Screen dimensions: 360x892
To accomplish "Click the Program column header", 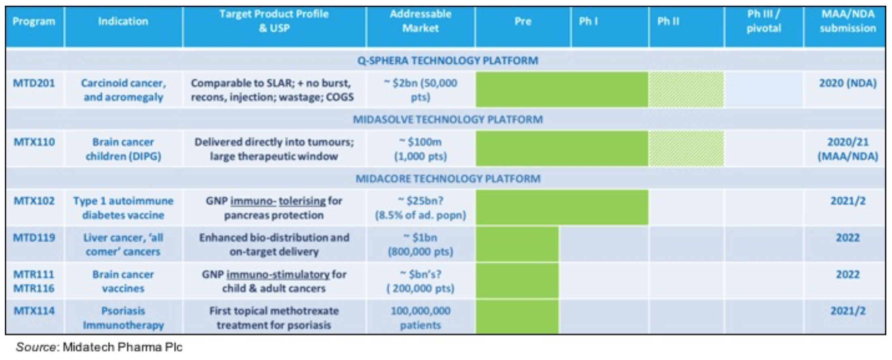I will tap(34, 21).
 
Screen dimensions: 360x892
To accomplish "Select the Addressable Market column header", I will tap(420, 21).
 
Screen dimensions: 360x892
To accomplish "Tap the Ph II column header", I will tap(668, 21).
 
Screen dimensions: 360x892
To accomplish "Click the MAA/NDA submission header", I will tap(847, 21).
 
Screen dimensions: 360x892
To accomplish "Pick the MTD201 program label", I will tap(34, 83).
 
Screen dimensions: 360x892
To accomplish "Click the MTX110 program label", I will tap(34, 142).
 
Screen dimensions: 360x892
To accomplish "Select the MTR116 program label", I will tap(34, 289).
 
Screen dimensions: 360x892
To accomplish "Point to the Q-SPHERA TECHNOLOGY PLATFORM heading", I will tap(448, 61).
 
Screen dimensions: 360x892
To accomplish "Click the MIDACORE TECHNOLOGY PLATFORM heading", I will tap(448, 179).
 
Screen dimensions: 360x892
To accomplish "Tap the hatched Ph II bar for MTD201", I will tap(686, 90).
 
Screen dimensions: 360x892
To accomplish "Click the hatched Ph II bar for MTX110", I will tap(686, 148).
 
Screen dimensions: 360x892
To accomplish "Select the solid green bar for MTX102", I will tap(562, 207).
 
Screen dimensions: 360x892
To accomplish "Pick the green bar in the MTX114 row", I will tap(517, 317).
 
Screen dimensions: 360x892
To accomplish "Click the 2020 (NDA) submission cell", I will tap(847, 83).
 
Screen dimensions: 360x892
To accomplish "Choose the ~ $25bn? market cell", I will tap(420, 201).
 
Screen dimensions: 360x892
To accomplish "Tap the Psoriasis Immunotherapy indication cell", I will tap(123, 318).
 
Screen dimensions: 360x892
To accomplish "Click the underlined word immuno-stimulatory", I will tap(278, 274).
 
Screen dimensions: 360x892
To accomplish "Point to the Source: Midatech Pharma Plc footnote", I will tap(99, 347).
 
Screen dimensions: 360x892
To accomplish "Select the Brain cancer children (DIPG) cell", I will tap(123, 149).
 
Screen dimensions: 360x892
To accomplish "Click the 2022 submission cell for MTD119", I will tap(847, 238).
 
